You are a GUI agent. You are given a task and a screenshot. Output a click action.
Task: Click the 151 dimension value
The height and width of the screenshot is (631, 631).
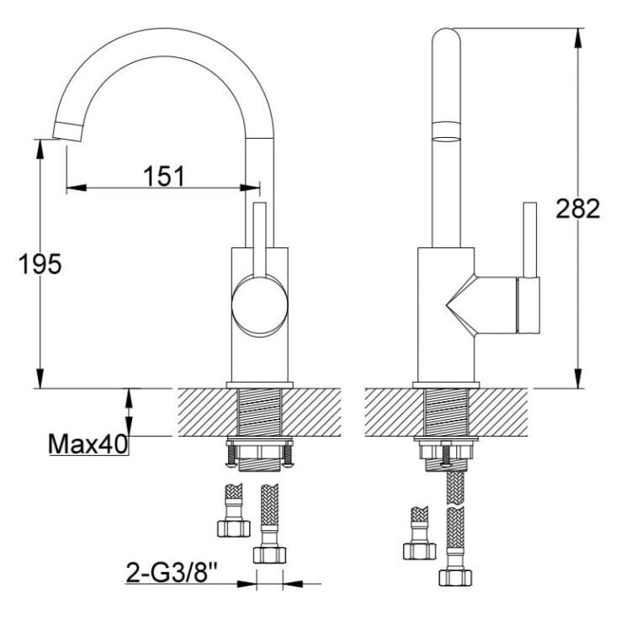click(164, 176)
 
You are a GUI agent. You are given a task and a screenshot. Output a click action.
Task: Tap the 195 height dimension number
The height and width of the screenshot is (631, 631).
click(40, 264)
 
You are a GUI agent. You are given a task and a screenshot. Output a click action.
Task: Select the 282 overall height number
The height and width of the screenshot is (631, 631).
click(578, 209)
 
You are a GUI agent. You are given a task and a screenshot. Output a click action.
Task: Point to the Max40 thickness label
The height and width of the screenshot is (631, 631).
click(87, 444)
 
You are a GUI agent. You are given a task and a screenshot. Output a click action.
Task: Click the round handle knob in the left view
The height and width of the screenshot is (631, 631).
click(260, 305)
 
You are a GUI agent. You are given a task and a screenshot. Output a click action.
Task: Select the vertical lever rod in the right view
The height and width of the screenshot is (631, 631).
click(529, 240)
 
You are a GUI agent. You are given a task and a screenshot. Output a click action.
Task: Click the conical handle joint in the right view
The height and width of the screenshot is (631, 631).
click(461, 305)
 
